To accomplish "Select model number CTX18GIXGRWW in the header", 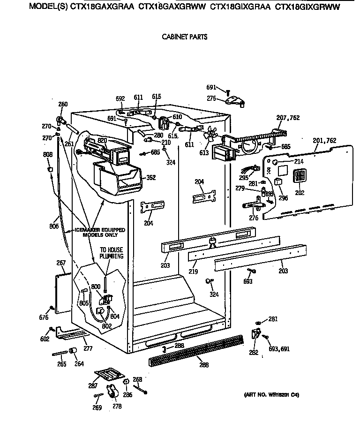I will tap(307, 7).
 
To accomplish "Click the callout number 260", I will tap(62, 104).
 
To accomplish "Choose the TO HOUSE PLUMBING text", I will tap(111, 254).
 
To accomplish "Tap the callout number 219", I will tap(193, 272).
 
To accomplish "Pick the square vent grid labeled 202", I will tap(299, 176).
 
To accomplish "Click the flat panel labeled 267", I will tap(62, 292).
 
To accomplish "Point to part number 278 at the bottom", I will tap(117, 407).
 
